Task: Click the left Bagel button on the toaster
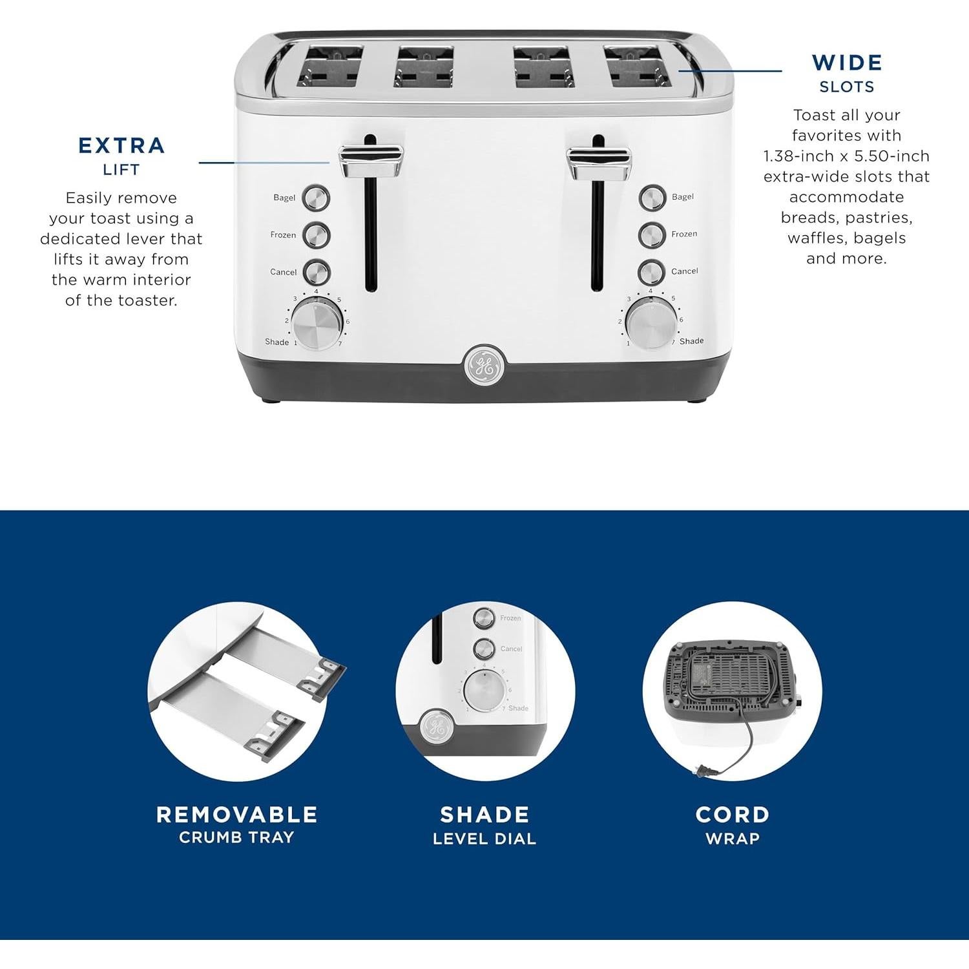317,198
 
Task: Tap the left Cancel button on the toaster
317,273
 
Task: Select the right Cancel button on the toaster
652,272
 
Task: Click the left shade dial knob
317,323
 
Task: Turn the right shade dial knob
651,323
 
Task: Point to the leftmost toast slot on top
329,67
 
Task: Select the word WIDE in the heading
847,63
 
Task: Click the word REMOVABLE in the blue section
236,815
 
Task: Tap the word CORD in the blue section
732,815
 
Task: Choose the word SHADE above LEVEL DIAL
484,815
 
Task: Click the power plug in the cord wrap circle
705,770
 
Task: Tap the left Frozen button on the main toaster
317,235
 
